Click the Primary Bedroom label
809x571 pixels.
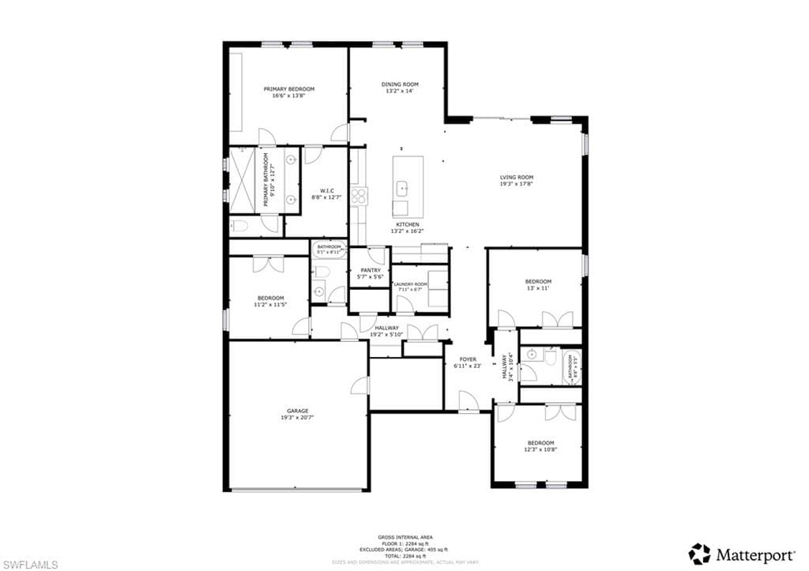tap(288, 89)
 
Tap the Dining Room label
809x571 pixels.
tap(400, 84)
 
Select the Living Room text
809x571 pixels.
tap(517, 178)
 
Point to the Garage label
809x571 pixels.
tap(297, 411)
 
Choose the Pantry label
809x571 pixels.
tap(370, 270)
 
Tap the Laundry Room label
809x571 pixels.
tap(412, 284)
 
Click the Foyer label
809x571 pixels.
tap(468, 359)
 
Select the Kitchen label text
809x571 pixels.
tap(408, 225)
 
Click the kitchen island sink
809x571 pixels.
tap(402, 188)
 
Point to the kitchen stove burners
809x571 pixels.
tap(359, 194)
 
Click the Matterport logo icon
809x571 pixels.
tap(698, 554)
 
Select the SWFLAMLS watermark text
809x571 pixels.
tap(30, 564)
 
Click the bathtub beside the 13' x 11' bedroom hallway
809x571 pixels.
tap(573, 366)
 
